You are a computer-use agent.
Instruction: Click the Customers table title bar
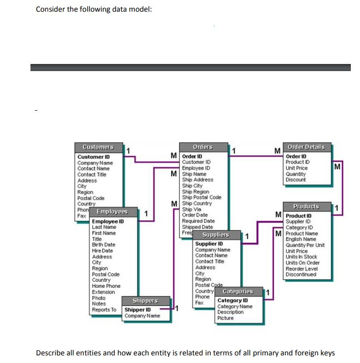98,147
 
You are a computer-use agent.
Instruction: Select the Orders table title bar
203,147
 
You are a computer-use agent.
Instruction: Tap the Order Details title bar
306,147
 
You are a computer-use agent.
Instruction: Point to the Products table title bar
306,207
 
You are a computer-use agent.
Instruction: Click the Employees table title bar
112,212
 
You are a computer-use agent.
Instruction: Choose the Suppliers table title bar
216,235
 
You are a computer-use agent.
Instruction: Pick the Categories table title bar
238,291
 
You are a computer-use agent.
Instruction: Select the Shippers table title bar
145,301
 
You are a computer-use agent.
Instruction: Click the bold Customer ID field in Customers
93,157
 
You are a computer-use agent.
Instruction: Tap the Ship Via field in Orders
191,209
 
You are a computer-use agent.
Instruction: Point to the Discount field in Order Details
296,180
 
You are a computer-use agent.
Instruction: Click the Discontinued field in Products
301,275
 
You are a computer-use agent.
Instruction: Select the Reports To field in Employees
104,310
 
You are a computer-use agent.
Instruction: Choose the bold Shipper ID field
138,310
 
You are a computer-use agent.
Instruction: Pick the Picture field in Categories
225,318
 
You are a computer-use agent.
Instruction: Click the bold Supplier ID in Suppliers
209,244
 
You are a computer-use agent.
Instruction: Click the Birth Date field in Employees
103,245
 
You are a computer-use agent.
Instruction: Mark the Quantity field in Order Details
296,174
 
